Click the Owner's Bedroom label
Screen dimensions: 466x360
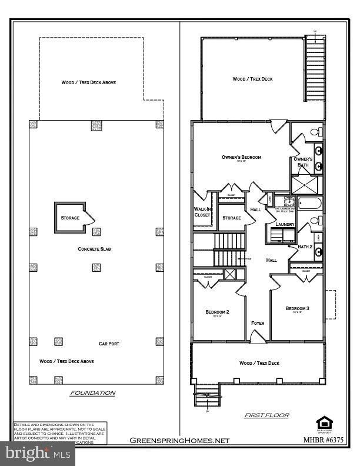pos(241,157)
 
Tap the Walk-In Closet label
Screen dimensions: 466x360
pos(202,212)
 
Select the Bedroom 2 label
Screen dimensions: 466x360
pos(217,311)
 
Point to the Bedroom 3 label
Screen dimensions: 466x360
pos(297,308)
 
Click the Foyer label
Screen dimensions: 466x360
pos(258,323)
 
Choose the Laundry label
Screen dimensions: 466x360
pos(276,224)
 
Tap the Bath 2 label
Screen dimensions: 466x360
pos(304,247)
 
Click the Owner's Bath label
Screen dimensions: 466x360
pos(303,162)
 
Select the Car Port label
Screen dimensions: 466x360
pos(109,344)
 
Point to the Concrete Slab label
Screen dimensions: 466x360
pos(95,249)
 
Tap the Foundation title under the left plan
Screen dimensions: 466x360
pos(93,392)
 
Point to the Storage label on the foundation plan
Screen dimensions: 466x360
pos(70,218)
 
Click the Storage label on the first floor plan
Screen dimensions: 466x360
pos(231,218)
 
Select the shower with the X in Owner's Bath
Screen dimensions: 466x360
pos(308,185)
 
